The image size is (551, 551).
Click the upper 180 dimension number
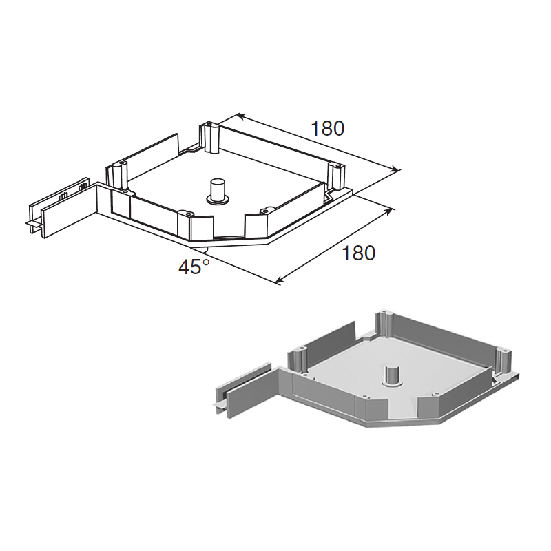click(328, 129)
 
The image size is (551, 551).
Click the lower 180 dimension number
click(358, 253)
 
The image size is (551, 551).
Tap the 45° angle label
click(194, 267)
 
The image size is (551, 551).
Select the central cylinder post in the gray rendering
click(393, 376)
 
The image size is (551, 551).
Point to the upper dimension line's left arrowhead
click(240, 116)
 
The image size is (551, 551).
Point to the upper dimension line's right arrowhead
click(396, 169)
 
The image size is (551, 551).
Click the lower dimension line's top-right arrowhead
click(388, 211)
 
